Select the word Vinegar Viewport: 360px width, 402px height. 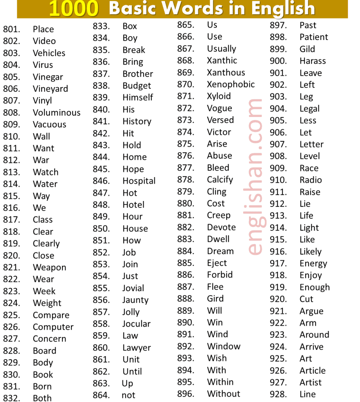(x=48, y=77)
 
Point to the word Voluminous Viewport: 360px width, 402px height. (x=56, y=113)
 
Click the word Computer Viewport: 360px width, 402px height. (x=53, y=327)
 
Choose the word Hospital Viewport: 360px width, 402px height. (x=139, y=181)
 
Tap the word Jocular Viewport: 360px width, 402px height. (x=136, y=324)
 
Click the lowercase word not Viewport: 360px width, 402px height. (x=128, y=395)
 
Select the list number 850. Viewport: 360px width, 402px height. (x=101, y=228)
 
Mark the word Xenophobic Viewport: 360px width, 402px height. (x=231, y=84)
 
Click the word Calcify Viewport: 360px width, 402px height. (x=220, y=180)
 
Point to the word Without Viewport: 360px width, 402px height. (x=224, y=394)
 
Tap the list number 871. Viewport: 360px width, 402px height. (x=185, y=96)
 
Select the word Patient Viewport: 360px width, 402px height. (x=314, y=37)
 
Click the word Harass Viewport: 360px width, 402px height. (x=313, y=61)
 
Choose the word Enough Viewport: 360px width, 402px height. (x=315, y=287)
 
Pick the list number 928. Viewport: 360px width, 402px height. (x=278, y=394)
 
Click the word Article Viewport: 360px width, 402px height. (x=313, y=371)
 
